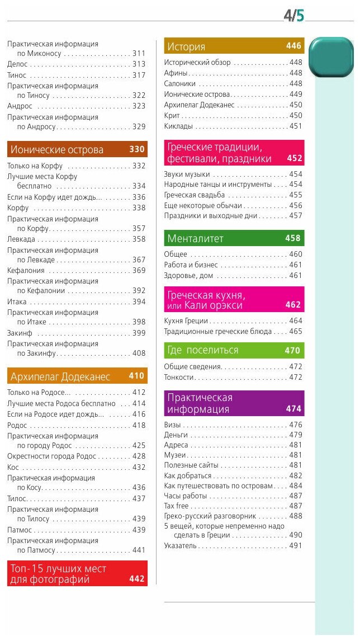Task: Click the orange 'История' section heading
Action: tap(186, 47)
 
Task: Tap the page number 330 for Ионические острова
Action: tap(137, 149)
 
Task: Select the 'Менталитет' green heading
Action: tap(195, 238)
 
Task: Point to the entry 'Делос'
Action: tap(17, 64)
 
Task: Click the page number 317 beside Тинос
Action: tap(139, 75)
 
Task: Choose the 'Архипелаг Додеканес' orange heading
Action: tap(60, 376)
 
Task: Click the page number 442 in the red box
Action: tap(137, 579)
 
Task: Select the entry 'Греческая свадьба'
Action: tap(195, 195)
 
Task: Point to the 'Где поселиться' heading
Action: tap(202, 350)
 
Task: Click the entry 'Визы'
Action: tap(173, 425)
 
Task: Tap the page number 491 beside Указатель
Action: tap(295, 545)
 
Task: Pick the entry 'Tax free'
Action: tap(177, 506)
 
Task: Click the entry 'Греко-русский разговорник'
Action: tap(210, 516)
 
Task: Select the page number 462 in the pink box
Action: tap(293, 305)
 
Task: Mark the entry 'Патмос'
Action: tap(20, 530)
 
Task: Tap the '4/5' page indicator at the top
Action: tap(293, 16)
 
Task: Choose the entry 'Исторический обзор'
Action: tap(197, 63)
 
